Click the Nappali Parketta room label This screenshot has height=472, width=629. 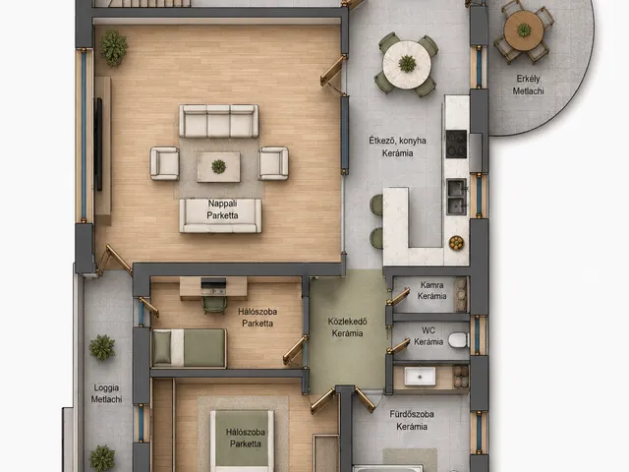(x=222, y=209)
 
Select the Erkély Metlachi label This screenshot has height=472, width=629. (x=528, y=85)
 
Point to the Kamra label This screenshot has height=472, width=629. (x=431, y=285)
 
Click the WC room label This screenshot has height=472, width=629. (x=429, y=336)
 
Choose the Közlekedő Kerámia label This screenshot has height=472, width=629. (x=347, y=327)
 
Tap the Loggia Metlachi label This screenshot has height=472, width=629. (x=106, y=393)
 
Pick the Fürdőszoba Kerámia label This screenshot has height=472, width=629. (x=412, y=420)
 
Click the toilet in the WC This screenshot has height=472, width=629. (x=459, y=340)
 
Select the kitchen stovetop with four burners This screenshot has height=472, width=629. (x=456, y=144)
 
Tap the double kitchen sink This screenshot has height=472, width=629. (x=457, y=197)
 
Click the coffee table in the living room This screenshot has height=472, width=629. (x=218, y=167)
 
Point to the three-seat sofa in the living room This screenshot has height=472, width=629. (x=218, y=121)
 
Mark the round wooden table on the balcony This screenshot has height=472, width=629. (x=524, y=30)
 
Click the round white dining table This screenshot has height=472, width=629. (x=407, y=64)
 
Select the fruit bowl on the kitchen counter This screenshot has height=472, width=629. (x=456, y=243)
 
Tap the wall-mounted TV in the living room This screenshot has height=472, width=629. (x=98, y=145)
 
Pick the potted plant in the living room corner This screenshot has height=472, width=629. (x=114, y=48)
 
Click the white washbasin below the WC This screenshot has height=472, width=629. (x=420, y=377)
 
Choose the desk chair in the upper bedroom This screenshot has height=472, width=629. (x=214, y=305)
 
